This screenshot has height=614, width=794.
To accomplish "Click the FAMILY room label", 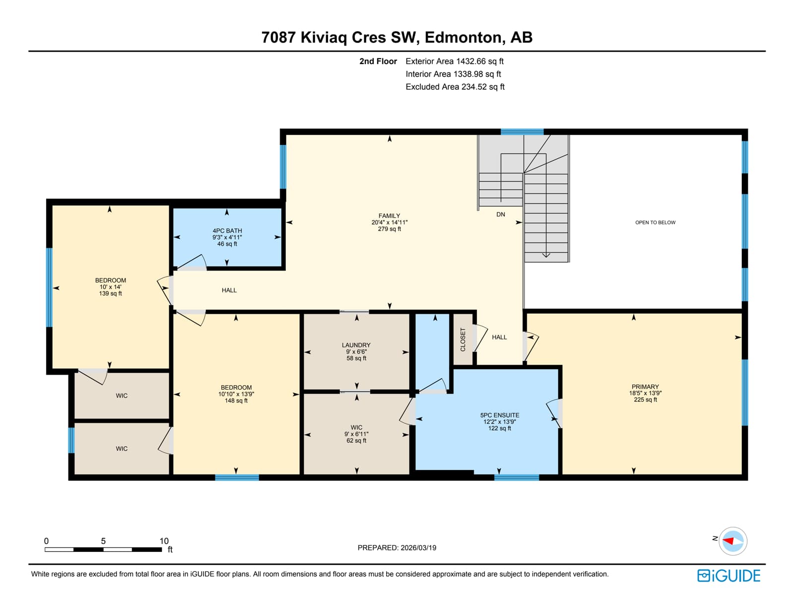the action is [389, 215].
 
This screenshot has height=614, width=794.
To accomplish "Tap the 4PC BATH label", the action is [227, 231].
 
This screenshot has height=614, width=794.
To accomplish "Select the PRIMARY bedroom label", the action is [645, 387].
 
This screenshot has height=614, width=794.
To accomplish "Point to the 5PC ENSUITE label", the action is [500, 415].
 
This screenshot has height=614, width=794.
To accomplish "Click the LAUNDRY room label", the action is [356, 345].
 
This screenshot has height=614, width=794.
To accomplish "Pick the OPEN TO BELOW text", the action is [655, 222].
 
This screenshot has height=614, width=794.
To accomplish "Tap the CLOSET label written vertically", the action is [463, 340].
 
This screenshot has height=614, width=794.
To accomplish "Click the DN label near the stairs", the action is [501, 214].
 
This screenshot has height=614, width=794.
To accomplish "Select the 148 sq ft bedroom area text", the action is [236, 401].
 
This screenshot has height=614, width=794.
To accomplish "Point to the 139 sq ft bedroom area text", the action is [110, 293].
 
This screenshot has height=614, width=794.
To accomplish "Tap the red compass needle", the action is [728, 541].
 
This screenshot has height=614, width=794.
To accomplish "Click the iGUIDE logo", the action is [728, 576].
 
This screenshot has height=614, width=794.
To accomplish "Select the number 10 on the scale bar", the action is [164, 541].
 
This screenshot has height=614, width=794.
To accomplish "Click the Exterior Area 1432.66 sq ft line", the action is [455, 62].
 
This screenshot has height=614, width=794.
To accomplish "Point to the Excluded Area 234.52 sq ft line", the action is [455, 87].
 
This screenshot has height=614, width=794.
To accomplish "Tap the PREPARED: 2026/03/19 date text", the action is [397, 547].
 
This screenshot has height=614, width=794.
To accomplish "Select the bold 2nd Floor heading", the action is [378, 62].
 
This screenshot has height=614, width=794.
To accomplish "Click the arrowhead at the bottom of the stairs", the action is [546, 255].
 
